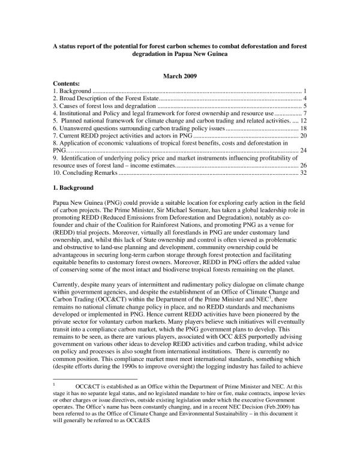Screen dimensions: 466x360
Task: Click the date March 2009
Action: [x=179, y=75]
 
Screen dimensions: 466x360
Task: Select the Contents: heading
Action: [x=67, y=82]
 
